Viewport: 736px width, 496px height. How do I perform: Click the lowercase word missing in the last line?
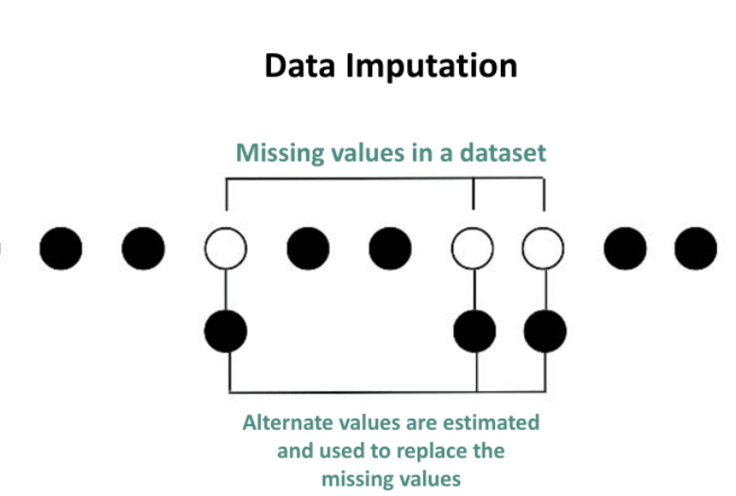tap(356, 479)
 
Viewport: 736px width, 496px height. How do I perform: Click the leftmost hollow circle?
tap(226, 248)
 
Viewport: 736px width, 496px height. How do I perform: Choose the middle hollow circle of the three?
tap(473, 248)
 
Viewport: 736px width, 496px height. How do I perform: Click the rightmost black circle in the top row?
tap(696, 248)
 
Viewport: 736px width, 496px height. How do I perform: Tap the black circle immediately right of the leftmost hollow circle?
tap(308, 248)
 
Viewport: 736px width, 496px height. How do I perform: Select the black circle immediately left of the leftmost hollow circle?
tap(144, 248)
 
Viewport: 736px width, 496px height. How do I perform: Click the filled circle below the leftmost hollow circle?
tap(226, 331)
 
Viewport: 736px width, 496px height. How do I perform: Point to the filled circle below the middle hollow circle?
tap(474, 331)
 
